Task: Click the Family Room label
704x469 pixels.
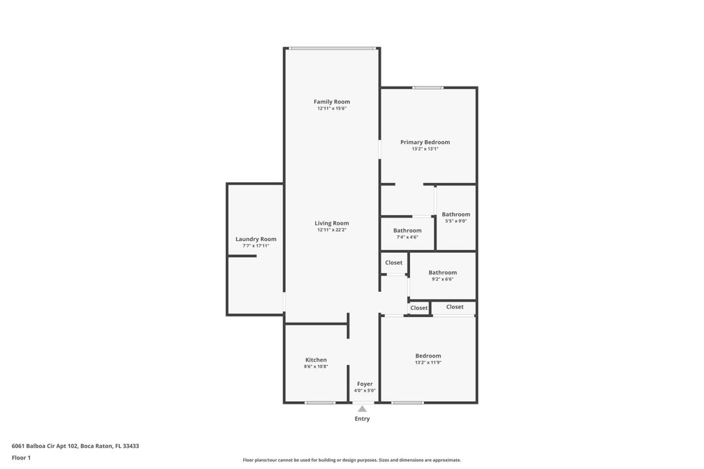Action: click(x=332, y=102)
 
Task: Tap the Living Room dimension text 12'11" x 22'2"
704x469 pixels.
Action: click(x=332, y=230)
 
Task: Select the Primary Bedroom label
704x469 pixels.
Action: click(x=425, y=142)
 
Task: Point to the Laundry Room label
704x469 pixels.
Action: click(x=256, y=239)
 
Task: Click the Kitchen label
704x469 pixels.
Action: click(x=316, y=360)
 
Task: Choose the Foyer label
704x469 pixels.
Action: click(x=364, y=384)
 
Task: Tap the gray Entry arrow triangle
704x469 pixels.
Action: click(x=362, y=409)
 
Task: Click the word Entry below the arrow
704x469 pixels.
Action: click(x=362, y=419)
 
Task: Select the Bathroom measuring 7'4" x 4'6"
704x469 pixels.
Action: click(x=407, y=231)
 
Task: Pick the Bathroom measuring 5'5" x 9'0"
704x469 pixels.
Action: click(x=456, y=214)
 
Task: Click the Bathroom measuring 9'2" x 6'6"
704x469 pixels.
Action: click(x=443, y=272)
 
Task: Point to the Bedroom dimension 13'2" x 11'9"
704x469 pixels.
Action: click(x=428, y=362)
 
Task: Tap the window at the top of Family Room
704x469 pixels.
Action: click(x=332, y=48)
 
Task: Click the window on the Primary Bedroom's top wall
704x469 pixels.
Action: click(x=428, y=87)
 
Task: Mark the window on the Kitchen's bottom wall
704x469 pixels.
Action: click(x=320, y=403)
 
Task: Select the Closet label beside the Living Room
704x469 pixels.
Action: click(x=394, y=263)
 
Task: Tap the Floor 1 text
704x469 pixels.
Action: click(x=21, y=458)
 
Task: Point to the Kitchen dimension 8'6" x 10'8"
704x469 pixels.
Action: click(x=316, y=367)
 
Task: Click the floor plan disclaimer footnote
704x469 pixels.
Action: click(x=352, y=460)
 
